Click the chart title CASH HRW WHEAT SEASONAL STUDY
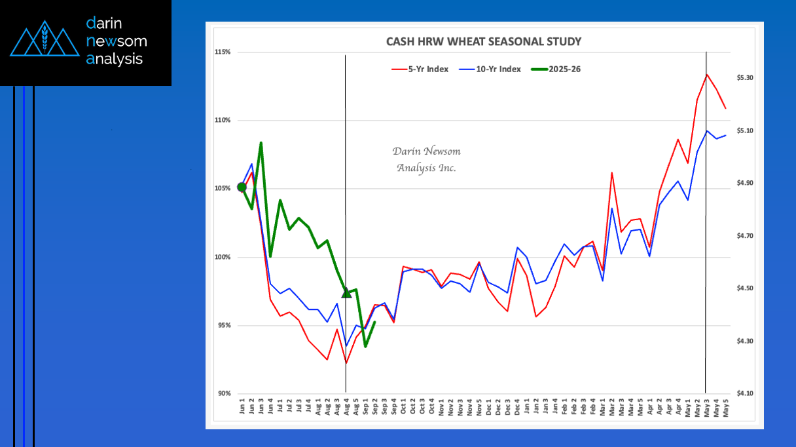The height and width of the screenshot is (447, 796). [484, 42]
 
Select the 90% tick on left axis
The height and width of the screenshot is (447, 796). [223, 393]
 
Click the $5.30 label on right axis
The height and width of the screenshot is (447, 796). [745, 78]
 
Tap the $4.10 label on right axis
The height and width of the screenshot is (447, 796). [745, 393]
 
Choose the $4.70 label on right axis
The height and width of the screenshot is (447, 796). [745, 235]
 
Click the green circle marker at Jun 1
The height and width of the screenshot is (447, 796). [242, 187]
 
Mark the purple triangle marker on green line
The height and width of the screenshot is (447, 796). [346, 292]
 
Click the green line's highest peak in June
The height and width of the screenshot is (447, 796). [261, 142]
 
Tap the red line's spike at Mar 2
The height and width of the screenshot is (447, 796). [611, 172]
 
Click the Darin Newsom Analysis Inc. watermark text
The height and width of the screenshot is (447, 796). [426, 159]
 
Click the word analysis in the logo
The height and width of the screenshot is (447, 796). [115, 59]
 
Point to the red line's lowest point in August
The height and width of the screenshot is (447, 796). [346, 363]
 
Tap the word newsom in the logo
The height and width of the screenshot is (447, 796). [117, 41]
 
